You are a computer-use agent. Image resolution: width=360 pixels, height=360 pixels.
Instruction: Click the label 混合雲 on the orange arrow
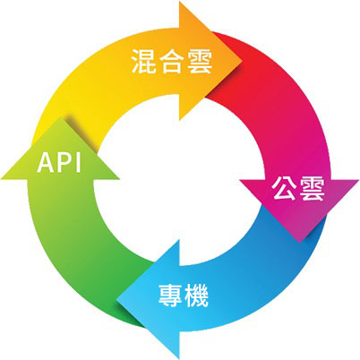pyautogui.click(x=172, y=61)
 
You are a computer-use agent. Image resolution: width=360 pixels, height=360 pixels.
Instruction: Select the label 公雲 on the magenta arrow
pyautogui.click(x=298, y=189)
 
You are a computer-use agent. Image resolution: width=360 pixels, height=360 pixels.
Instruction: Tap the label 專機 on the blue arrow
pyautogui.click(x=183, y=296)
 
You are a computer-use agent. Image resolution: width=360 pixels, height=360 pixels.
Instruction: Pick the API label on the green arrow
pyautogui.click(x=59, y=162)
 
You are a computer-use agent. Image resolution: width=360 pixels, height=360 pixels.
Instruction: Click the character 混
pyautogui.click(x=143, y=61)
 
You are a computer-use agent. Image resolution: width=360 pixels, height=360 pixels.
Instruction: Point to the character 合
pyautogui.click(x=172, y=61)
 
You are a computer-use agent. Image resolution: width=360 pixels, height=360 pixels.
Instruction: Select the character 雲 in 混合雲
pyautogui.click(x=200, y=61)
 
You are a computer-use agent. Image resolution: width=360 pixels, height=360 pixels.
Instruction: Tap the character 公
pyautogui.click(x=284, y=189)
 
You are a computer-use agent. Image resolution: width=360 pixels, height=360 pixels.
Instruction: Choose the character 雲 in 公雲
pyautogui.click(x=312, y=189)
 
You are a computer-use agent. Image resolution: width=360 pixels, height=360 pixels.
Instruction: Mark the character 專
pyautogui.click(x=170, y=296)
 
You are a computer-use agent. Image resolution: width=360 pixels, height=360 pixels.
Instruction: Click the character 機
pyautogui.click(x=196, y=296)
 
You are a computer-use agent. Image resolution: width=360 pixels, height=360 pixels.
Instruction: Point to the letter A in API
pyautogui.click(x=46, y=162)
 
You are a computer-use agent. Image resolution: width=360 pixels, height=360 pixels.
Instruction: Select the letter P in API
pyautogui.click(x=64, y=162)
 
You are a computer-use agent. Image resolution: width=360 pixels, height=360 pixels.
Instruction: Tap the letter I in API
pyautogui.click(x=79, y=162)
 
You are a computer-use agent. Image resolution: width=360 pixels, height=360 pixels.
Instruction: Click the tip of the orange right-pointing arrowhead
pyautogui.click(x=242, y=62)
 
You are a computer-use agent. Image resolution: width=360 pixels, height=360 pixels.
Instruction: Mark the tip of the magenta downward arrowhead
pyautogui.click(x=299, y=243)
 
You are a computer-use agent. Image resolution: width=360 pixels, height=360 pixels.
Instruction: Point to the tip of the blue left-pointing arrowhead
pyautogui.click(x=116, y=299)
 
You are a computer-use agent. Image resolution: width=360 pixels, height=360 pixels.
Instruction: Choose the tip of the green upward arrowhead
pyautogui.click(x=61, y=117)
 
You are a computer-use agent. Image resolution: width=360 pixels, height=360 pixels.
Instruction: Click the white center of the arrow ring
pyautogui.click(x=179, y=180)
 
